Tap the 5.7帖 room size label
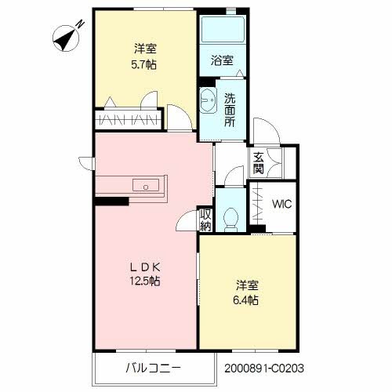coord(143,64)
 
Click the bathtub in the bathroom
coord(221,30)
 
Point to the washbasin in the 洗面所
coord(208,101)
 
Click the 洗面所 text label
coord(230,110)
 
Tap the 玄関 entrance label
coord(258,162)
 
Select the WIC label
coord(281,205)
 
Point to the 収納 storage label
coord(205,220)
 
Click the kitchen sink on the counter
coord(146,186)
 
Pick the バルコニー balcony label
coord(154,367)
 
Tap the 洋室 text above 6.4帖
coord(245,285)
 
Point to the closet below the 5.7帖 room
coord(129,119)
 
